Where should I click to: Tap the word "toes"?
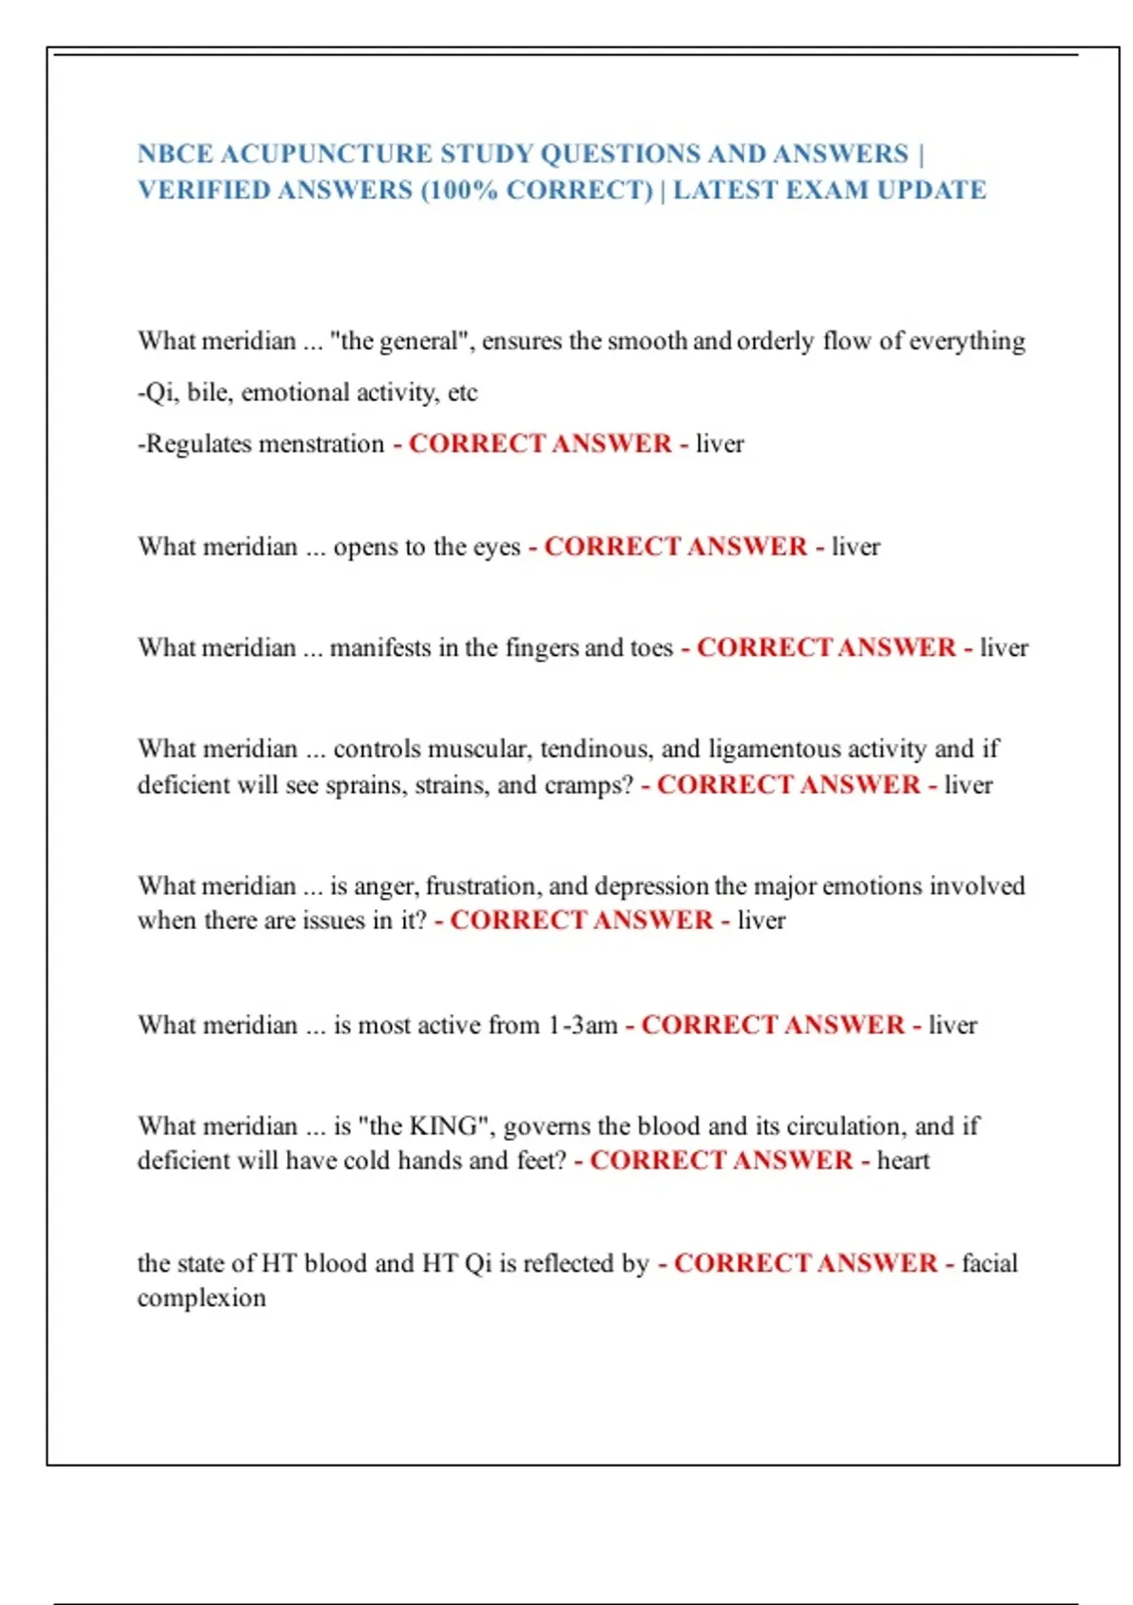(651, 648)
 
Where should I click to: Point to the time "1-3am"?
(583, 1025)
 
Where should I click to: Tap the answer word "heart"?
(903, 1160)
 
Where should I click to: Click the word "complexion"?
(201, 1298)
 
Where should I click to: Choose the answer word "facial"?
(989, 1263)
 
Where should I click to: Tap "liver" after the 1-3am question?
(953, 1025)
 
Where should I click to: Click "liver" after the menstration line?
(719, 444)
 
